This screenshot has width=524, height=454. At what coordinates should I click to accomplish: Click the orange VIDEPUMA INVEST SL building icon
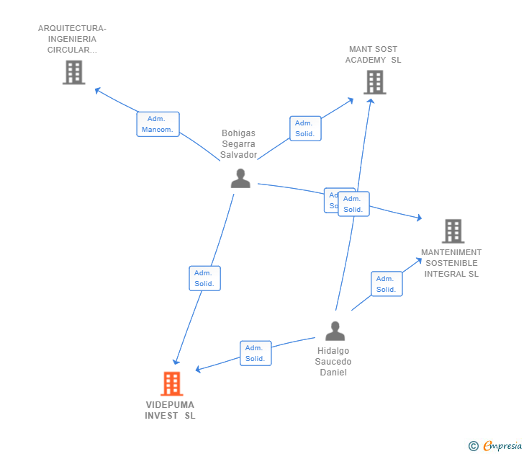[171, 383]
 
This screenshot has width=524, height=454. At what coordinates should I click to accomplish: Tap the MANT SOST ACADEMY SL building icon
[374, 82]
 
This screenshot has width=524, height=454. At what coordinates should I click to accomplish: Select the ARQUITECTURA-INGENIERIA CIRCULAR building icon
[73, 72]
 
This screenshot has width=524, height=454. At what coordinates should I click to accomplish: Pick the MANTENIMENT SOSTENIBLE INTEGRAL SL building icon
[453, 231]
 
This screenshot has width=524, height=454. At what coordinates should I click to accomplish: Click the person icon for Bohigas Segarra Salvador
[240, 178]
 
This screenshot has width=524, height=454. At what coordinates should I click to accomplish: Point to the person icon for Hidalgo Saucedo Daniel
[335, 331]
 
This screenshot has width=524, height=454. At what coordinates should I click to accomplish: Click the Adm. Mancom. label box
[158, 124]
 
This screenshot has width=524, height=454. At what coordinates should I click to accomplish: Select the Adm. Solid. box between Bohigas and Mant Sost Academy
[305, 128]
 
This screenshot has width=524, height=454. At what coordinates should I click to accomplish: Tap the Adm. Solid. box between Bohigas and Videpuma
[204, 278]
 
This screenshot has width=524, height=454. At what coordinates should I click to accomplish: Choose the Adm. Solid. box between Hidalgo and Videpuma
[256, 353]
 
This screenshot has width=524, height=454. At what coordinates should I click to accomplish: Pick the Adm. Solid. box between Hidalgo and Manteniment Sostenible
[387, 284]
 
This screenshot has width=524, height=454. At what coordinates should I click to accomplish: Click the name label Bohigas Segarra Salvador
[238, 144]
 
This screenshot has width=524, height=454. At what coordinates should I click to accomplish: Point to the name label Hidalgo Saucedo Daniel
[334, 362]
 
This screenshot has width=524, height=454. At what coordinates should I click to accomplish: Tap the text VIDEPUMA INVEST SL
[170, 410]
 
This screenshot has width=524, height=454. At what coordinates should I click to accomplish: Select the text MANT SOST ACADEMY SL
[373, 55]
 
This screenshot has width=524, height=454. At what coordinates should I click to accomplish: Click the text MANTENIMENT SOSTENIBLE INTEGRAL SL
[451, 263]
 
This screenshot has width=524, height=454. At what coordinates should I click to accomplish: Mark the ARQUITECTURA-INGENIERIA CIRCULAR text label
[72, 39]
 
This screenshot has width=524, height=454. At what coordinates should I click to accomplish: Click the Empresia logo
[502, 446]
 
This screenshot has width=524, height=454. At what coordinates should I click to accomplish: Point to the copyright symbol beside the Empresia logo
[474, 446]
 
